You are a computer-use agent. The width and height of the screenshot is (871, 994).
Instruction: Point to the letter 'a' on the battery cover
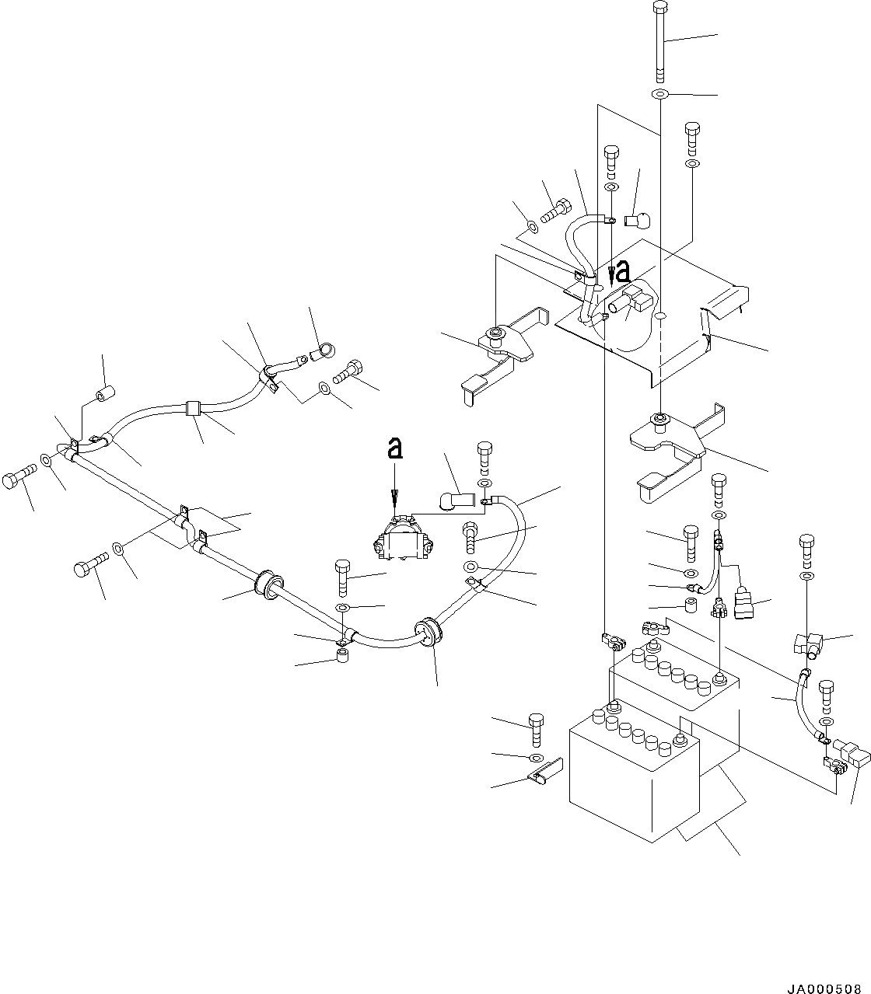tap(622, 273)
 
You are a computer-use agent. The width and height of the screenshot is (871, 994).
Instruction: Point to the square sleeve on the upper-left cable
tap(194, 408)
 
